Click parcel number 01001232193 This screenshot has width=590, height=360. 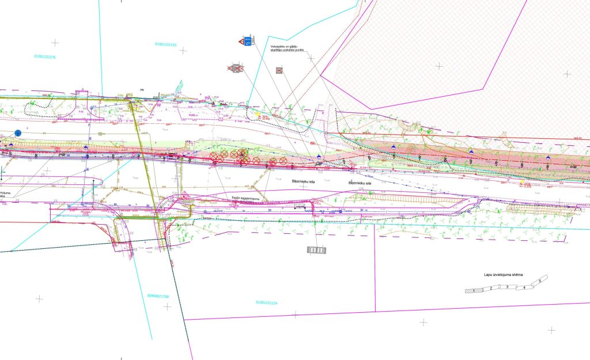(166, 44)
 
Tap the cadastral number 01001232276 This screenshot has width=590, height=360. (44, 57)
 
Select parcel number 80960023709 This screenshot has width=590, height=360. (157, 296)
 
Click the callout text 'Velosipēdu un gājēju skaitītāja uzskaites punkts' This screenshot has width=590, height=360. (287, 48)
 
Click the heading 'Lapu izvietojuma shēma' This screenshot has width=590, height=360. (502, 275)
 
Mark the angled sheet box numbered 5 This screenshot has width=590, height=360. (539, 281)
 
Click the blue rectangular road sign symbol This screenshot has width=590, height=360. (249, 41)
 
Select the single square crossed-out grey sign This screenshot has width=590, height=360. (279, 70)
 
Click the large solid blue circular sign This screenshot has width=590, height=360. (18, 133)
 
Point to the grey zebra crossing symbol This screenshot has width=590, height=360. (316, 250)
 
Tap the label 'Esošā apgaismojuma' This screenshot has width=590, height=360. (243, 198)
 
